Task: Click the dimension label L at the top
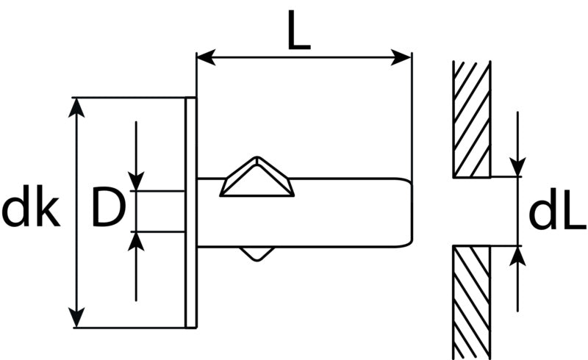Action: click(299, 30)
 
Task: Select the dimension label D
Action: click(108, 208)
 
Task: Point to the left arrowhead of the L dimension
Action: click(207, 57)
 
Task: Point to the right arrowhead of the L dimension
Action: click(401, 57)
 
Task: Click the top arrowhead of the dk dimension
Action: click(77, 107)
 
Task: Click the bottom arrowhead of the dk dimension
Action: click(77, 317)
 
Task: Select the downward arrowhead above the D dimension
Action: click(136, 181)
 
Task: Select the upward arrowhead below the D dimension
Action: click(136, 242)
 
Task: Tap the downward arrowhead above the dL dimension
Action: click(517, 167)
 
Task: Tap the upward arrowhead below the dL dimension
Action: click(517, 256)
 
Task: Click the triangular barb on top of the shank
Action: click(257, 178)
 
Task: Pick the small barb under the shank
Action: click(257, 253)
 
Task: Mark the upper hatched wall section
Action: click(472, 119)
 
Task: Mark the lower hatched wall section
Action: click(472, 302)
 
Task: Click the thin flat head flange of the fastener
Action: click(191, 212)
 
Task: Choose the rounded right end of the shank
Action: click(409, 212)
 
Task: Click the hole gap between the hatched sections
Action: click(472, 212)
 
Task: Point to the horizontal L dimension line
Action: click(304, 57)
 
